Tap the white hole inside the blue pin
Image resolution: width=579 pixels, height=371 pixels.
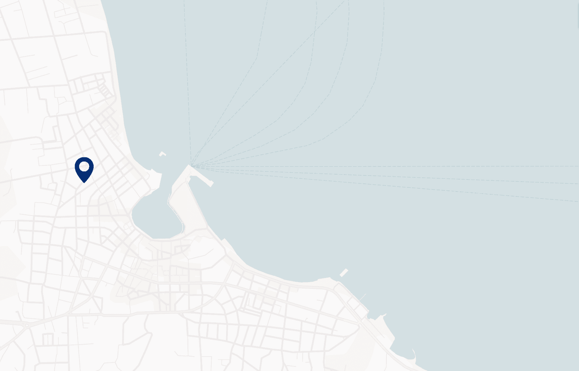click(84, 166)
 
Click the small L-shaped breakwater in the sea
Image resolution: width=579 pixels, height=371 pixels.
click(162, 154)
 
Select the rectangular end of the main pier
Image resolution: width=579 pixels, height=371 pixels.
click(211, 183)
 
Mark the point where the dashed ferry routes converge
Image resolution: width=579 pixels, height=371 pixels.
click(191, 165)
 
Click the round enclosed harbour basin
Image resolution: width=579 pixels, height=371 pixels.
click(155, 215)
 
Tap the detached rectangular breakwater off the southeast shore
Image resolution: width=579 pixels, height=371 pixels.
click(344, 272)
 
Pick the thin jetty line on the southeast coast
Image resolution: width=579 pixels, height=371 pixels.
click(363, 297)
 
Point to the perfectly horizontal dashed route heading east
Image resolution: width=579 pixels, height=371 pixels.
click(389, 166)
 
